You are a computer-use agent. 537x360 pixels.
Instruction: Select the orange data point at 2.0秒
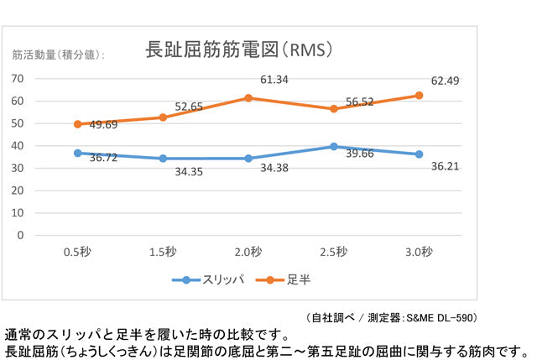pos(248,98)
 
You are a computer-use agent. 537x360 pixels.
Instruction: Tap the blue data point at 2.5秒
pos(333,146)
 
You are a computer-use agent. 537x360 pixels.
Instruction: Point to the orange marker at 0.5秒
pos(78,124)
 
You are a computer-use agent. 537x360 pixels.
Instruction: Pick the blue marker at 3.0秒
pos(419,154)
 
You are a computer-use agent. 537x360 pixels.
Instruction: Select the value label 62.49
pos(445,81)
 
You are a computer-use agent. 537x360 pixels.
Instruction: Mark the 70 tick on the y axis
pos(18,78)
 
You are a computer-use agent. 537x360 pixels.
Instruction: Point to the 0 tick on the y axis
pos(21,235)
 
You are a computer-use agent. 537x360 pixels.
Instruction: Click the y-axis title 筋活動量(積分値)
pos(59,55)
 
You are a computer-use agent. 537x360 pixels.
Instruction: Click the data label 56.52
pos(361,102)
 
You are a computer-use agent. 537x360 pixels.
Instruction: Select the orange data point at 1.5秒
pos(163,117)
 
